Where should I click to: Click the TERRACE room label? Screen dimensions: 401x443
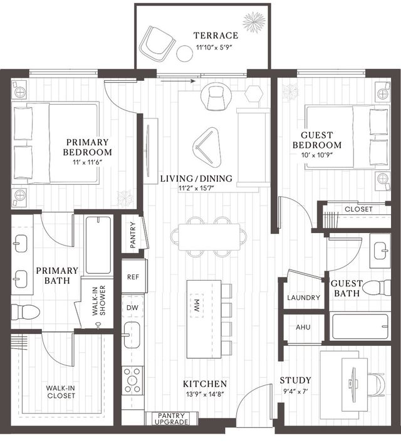[216, 35]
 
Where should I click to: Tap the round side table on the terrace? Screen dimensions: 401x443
[185, 53]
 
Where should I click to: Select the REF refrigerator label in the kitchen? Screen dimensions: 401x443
[133, 277]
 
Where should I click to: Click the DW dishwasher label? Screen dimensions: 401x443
[132, 308]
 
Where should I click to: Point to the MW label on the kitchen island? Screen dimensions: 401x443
[197, 305]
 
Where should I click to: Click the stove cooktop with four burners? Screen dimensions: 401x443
[133, 380]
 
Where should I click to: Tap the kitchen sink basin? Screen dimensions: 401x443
[132, 335]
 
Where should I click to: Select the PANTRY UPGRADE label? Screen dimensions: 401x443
[171, 419]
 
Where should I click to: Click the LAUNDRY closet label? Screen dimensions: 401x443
[303, 298]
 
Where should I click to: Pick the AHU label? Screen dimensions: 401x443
[303, 327]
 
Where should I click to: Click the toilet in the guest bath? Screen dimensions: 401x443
[377, 288]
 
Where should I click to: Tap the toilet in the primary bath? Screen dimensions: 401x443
[25, 312]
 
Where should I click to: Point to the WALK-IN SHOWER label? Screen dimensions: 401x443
[99, 300]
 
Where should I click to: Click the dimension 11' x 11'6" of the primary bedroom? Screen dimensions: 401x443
[87, 162]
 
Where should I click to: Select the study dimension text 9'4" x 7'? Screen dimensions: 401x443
[295, 392]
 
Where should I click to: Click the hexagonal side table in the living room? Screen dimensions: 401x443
[254, 93]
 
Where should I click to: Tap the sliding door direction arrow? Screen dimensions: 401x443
[178, 81]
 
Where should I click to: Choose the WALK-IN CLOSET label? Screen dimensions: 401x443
[61, 392]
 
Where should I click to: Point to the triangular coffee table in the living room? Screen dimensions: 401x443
[207, 146]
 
